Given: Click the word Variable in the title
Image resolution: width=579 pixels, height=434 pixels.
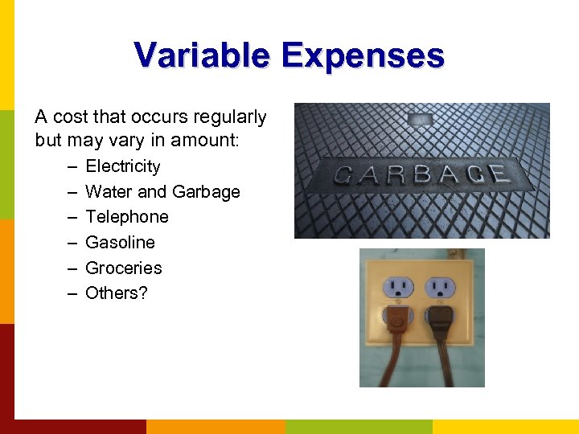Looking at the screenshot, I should coord(202,55).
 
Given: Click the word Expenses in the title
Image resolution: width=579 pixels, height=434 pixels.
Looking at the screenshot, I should coord(363,55).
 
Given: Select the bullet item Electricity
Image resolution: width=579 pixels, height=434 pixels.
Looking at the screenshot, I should coord(122,166).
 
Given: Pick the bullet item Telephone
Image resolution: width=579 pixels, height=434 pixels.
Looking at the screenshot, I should coord(127,217).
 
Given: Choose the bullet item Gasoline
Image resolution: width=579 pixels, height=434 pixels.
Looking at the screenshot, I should coord(120,243).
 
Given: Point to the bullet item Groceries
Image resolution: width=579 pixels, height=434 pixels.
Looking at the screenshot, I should coord(123,268).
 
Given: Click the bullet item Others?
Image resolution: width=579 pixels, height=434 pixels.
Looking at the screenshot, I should coord(117,293).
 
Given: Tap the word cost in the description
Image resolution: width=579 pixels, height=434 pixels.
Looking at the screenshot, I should coord(70,117).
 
